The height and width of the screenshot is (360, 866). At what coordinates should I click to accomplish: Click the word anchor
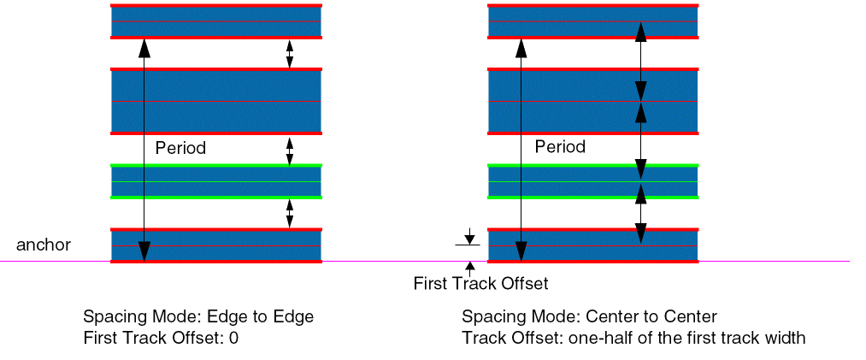[44, 245]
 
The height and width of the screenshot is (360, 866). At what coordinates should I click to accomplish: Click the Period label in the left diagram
[180, 148]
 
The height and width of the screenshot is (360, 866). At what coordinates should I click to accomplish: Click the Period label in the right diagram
[560, 147]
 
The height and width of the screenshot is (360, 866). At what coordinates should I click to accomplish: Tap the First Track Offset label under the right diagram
[481, 284]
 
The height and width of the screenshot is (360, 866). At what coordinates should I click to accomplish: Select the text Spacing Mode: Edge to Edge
[198, 317]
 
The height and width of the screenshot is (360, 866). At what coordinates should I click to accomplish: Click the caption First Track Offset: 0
[161, 338]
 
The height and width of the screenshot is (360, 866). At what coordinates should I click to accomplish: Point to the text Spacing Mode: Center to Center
[589, 317]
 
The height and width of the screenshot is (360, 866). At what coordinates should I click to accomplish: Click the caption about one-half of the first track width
[633, 338]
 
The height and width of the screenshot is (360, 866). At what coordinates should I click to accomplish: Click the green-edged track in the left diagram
[216, 181]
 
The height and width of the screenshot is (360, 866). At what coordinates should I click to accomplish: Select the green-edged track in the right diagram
[593, 181]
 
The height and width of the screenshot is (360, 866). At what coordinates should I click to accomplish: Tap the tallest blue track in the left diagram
[216, 102]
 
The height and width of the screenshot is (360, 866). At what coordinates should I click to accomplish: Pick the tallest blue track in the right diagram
[593, 102]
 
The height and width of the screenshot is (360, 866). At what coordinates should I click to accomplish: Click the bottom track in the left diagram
[216, 245]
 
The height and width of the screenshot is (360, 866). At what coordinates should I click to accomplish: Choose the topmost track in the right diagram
[593, 21]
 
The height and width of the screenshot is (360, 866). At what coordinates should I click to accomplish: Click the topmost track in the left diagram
[216, 21]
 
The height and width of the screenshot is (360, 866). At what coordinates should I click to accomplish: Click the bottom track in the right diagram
[593, 245]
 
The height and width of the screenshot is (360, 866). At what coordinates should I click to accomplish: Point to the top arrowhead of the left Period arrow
[144, 48]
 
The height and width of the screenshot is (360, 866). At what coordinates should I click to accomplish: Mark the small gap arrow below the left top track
[290, 54]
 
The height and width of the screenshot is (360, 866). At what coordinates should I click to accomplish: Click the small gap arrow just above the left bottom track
[290, 214]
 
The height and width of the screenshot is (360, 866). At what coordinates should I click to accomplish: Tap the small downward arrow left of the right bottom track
[469, 236]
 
